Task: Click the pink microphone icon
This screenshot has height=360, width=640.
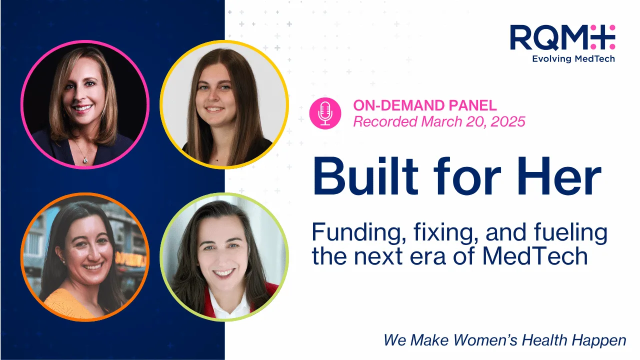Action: pyautogui.click(x=325, y=113)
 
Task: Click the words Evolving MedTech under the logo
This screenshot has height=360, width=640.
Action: pyautogui.click(x=573, y=59)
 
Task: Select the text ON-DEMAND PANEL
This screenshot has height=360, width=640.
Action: pyautogui.click(x=425, y=105)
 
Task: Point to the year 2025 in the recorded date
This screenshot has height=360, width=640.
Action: pyautogui.click(x=508, y=121)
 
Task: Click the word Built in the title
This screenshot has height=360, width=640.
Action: pyautogui.click(x=365, y=176)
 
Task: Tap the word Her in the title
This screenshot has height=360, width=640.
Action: pyautogui.click(x=559, y=176)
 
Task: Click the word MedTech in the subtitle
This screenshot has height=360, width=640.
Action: pyautogui.click(x=534, y=256)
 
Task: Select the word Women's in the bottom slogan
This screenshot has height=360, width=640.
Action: pyautogui.click(x=485, y=340)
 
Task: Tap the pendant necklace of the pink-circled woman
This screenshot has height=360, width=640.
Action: pyautogui.click(x=85, y=160)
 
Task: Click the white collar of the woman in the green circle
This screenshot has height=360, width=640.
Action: pyautogui.click(x=228, y=305)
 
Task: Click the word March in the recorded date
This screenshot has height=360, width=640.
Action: pyautogui.click(x=441, y=121)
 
